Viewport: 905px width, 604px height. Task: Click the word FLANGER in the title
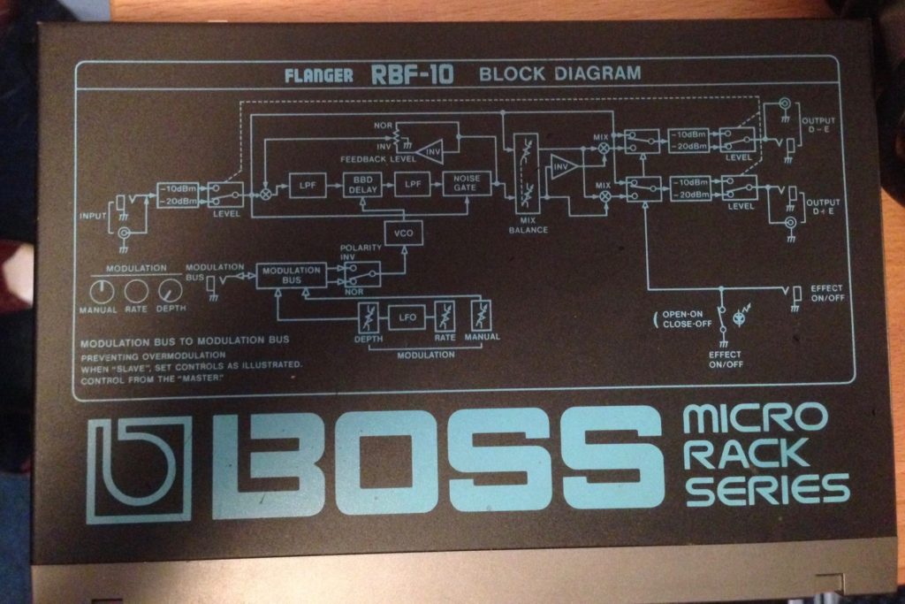(319, 76)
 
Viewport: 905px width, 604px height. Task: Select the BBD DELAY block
(361, 185)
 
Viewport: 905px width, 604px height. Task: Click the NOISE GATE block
(467, 184)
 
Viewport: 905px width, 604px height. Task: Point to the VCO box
(403, 233)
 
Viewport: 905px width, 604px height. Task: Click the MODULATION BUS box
(290, 274)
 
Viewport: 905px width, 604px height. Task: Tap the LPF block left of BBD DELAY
(308, 186)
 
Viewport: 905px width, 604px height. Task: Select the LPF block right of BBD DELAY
(411, 185)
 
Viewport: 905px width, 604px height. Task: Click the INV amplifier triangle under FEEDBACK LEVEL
(430, 151)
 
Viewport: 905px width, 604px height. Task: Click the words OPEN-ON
(683, 314)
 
